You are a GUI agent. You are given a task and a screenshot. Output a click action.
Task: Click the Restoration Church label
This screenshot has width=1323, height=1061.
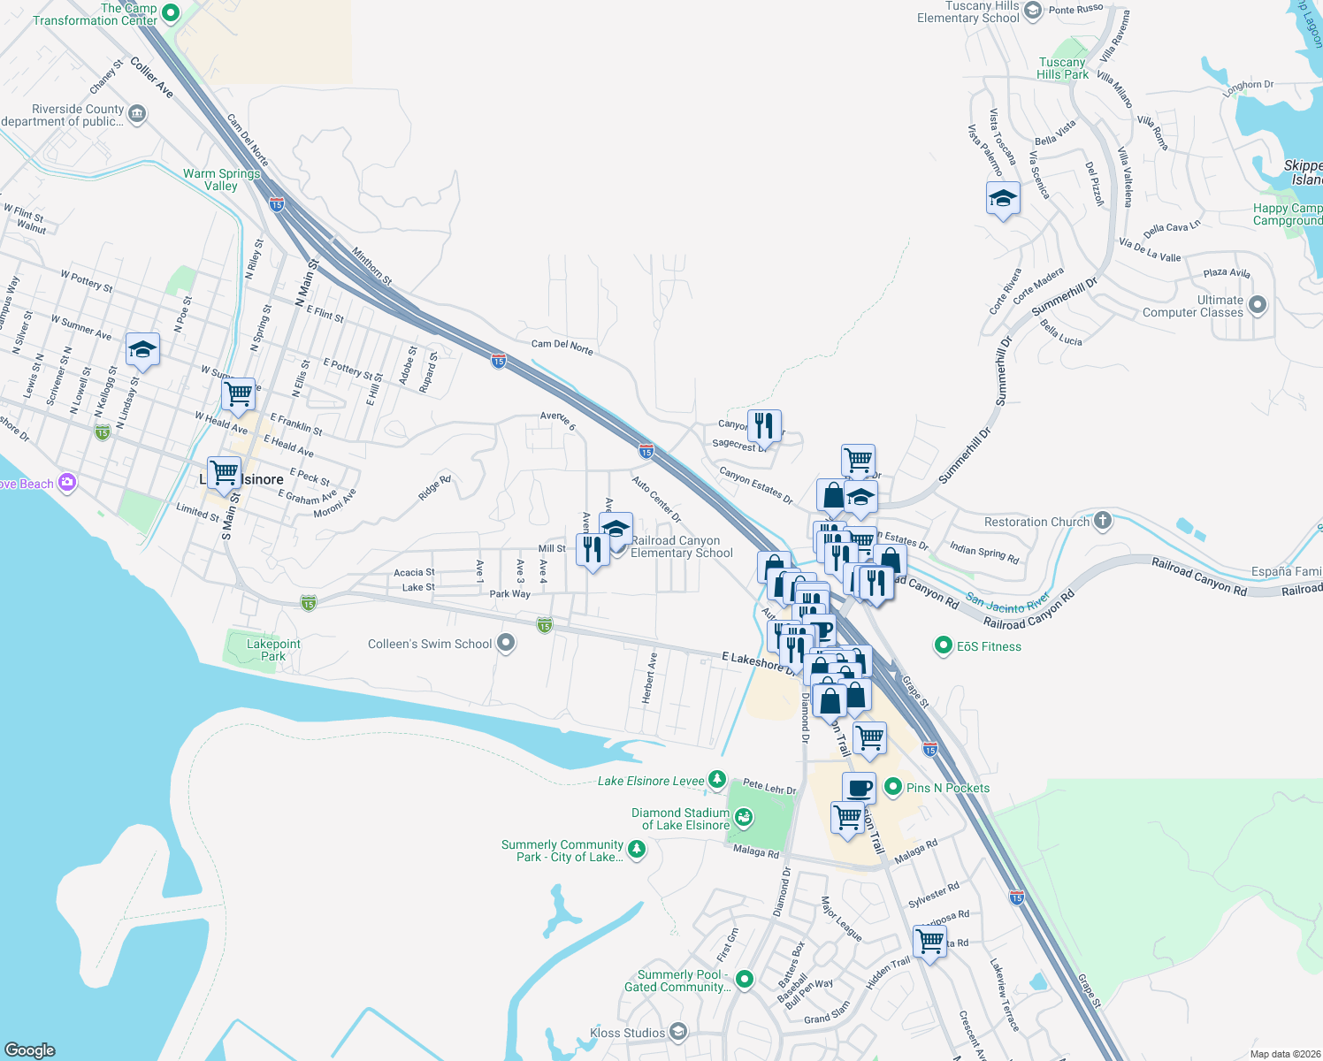(x=1036, y=523)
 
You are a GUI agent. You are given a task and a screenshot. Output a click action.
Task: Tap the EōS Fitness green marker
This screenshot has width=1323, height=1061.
(x=943, y=646)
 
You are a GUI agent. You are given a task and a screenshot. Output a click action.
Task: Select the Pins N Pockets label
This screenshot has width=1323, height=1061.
(x=947, y=788)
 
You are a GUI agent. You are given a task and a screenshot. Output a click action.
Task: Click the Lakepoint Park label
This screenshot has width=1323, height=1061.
(x=273, y=650)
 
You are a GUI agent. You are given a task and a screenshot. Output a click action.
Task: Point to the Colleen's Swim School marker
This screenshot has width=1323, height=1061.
(x=506, y=643)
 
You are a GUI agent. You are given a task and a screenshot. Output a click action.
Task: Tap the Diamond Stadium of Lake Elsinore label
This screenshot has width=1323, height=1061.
(x=680, y=819)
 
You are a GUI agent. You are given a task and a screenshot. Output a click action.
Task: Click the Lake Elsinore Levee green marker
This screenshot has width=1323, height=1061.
(x=717, y=780)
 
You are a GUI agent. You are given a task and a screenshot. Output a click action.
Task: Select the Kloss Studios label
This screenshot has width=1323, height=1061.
(x=627, y=1033)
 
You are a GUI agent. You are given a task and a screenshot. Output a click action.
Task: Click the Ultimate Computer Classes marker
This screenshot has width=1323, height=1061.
(x=1258, y=305)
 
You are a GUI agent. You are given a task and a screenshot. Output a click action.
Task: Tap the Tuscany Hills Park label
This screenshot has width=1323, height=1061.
(x=1062, y=69)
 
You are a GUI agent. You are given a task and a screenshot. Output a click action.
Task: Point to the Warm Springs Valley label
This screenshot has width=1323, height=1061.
(x=221, y=179)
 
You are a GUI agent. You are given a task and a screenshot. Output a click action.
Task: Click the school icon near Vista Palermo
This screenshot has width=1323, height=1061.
(x=1003, y=199)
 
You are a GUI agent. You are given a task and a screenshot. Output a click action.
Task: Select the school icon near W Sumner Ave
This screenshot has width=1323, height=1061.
(x=142, y=350)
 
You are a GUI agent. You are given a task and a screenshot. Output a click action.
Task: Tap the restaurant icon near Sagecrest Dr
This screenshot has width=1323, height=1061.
(x=764, y=425)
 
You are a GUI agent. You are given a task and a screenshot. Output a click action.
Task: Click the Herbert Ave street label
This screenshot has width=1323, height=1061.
(x=650, y=677)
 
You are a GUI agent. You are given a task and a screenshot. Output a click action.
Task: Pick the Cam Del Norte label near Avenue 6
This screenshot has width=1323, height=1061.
(x=562, y=347)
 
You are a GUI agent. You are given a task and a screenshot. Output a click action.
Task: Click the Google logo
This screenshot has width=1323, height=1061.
(x=30, y=1050)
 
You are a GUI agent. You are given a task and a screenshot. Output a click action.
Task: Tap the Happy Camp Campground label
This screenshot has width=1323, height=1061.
(x=1287, y=214)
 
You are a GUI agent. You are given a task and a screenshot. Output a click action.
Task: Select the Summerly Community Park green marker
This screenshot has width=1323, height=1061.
(x=636, y=850)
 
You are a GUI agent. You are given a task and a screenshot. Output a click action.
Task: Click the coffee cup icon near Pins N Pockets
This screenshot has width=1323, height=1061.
(x=858, y=787)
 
